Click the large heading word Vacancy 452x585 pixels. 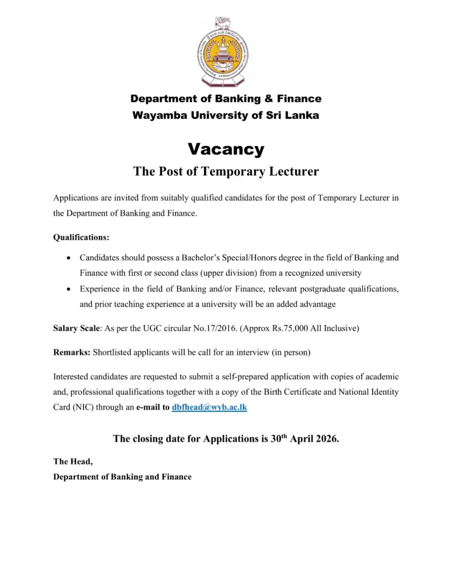[226, 150]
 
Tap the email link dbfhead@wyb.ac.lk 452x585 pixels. [209, 408]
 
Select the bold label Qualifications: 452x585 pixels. [81, 237]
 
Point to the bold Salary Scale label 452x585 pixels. [77, 328]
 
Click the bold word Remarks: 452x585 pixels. [71, 352]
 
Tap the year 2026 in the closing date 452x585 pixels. [326, 439]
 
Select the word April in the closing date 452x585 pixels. [295, 439]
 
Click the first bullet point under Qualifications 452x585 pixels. [69, 258]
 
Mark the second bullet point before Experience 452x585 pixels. [69, 290]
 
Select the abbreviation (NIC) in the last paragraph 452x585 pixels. [85, 408]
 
